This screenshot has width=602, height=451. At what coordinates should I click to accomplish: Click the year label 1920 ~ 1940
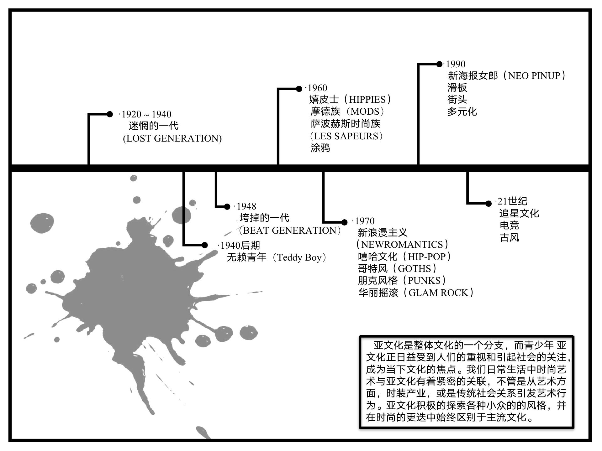tap(146, 114)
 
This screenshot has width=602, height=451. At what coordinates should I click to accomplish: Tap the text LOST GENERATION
tap(172, 138)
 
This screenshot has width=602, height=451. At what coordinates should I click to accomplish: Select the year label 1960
tap(317, 88)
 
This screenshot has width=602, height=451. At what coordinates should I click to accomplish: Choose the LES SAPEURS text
tap(346, 136)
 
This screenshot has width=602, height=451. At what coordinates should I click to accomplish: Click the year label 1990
tap(456, 64)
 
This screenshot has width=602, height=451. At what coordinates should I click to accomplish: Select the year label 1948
tap(246, 206)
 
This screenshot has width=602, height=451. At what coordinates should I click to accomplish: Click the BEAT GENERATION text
tap(290, 231)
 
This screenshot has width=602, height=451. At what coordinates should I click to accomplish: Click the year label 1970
tap(365, 221)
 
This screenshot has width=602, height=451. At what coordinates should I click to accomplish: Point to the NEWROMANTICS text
tap(403, 244)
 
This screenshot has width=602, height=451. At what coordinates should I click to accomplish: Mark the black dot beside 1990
tap(439, 64)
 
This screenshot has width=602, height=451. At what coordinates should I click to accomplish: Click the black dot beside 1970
tap(344, 222)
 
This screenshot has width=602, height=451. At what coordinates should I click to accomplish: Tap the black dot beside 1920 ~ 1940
tap(109, 114)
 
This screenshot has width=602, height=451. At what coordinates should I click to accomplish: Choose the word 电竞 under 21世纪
tap(509, 225)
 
